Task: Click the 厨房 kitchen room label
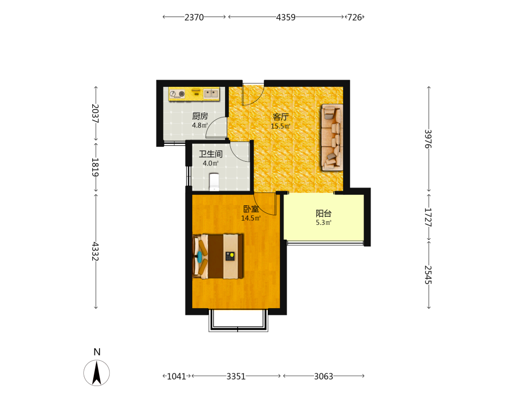tap(200, 116)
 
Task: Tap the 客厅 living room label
tap(281, 117)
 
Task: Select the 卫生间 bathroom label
tap(211, 154)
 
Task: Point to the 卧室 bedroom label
tap(251, 209)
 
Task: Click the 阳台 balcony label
tap(324, 213)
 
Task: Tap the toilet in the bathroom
tap(214, 182)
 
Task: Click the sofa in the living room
tap(332, 137)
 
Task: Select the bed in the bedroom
tap(218, 256)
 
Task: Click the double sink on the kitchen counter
tap(211, 93)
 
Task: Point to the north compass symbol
tap(97, 372)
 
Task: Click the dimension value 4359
tap(286, 17)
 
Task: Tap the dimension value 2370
tap(194, 17)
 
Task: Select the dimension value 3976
tap(428, 139)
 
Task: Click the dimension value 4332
tap(95, 251)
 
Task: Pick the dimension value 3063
tap(324, 376)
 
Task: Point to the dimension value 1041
tap(177, 376)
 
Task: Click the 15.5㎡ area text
tap(281, 126)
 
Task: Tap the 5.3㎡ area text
tap(324, 222)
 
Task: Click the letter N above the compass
tap(97, 352)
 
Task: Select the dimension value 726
tap(355, 17)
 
